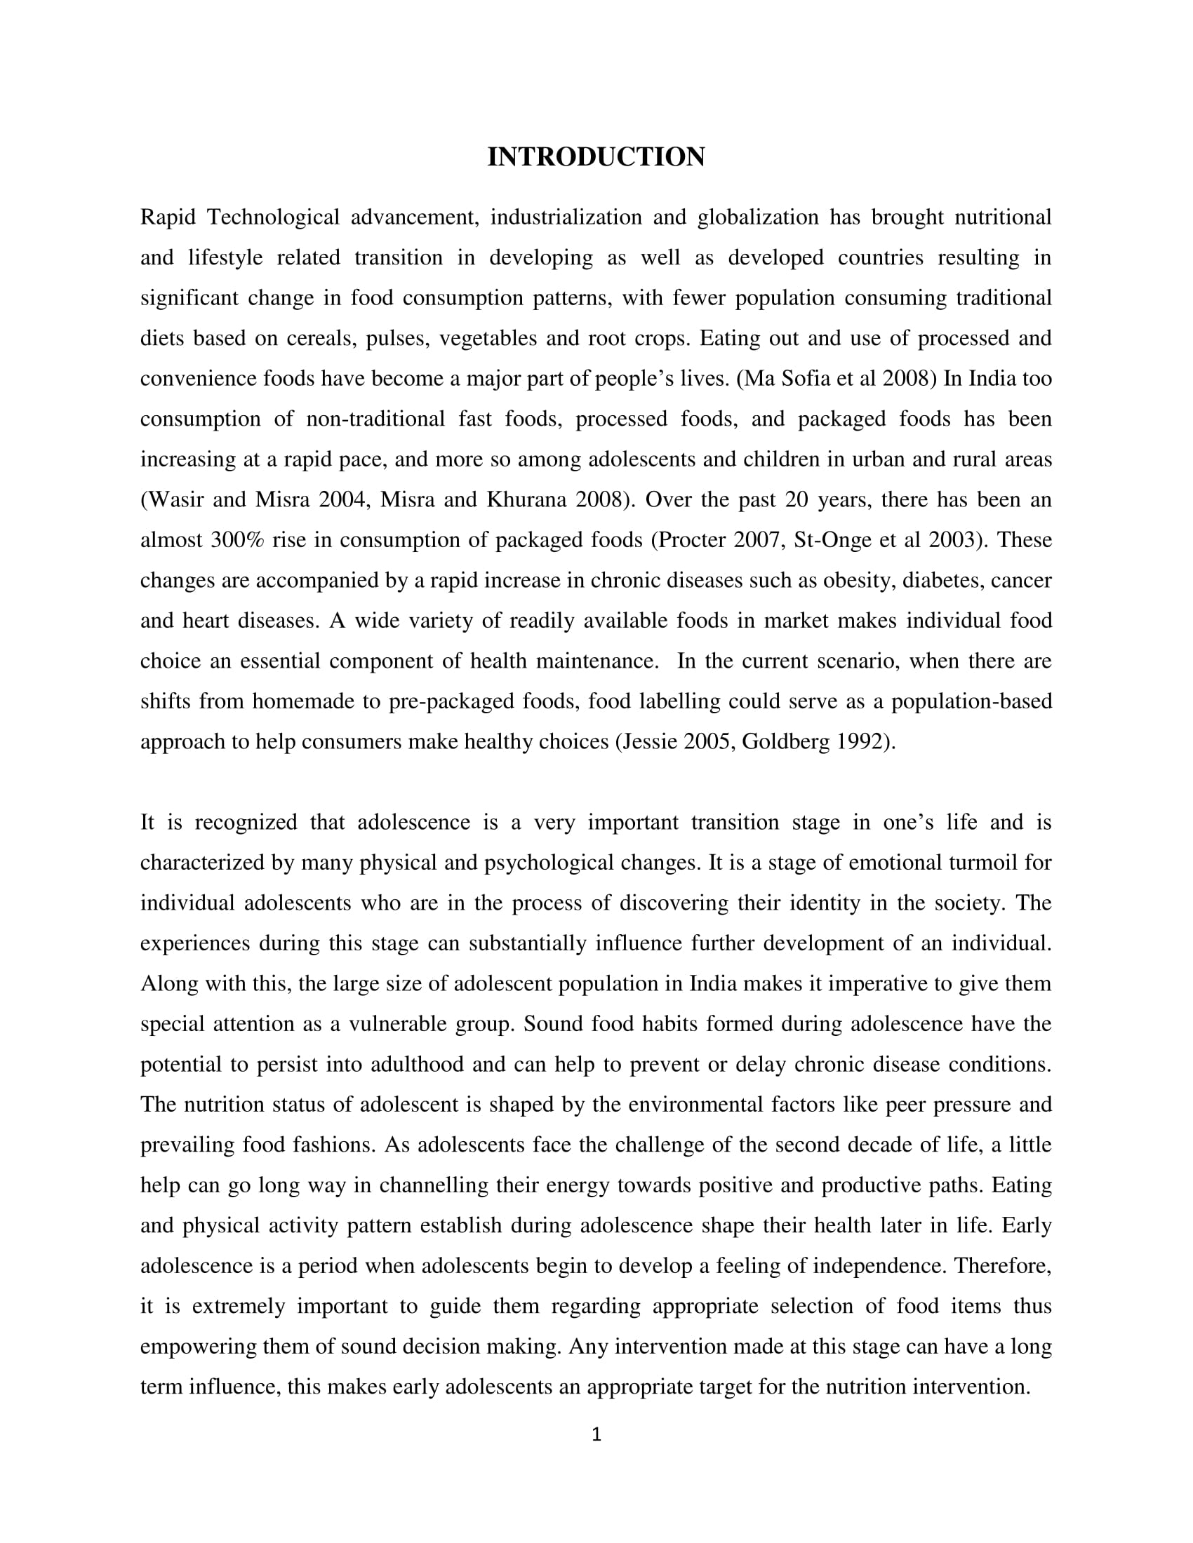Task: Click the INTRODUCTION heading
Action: point(596,157)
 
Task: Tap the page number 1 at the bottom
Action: point(596,1435)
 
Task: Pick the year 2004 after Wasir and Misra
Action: point(342,500)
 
